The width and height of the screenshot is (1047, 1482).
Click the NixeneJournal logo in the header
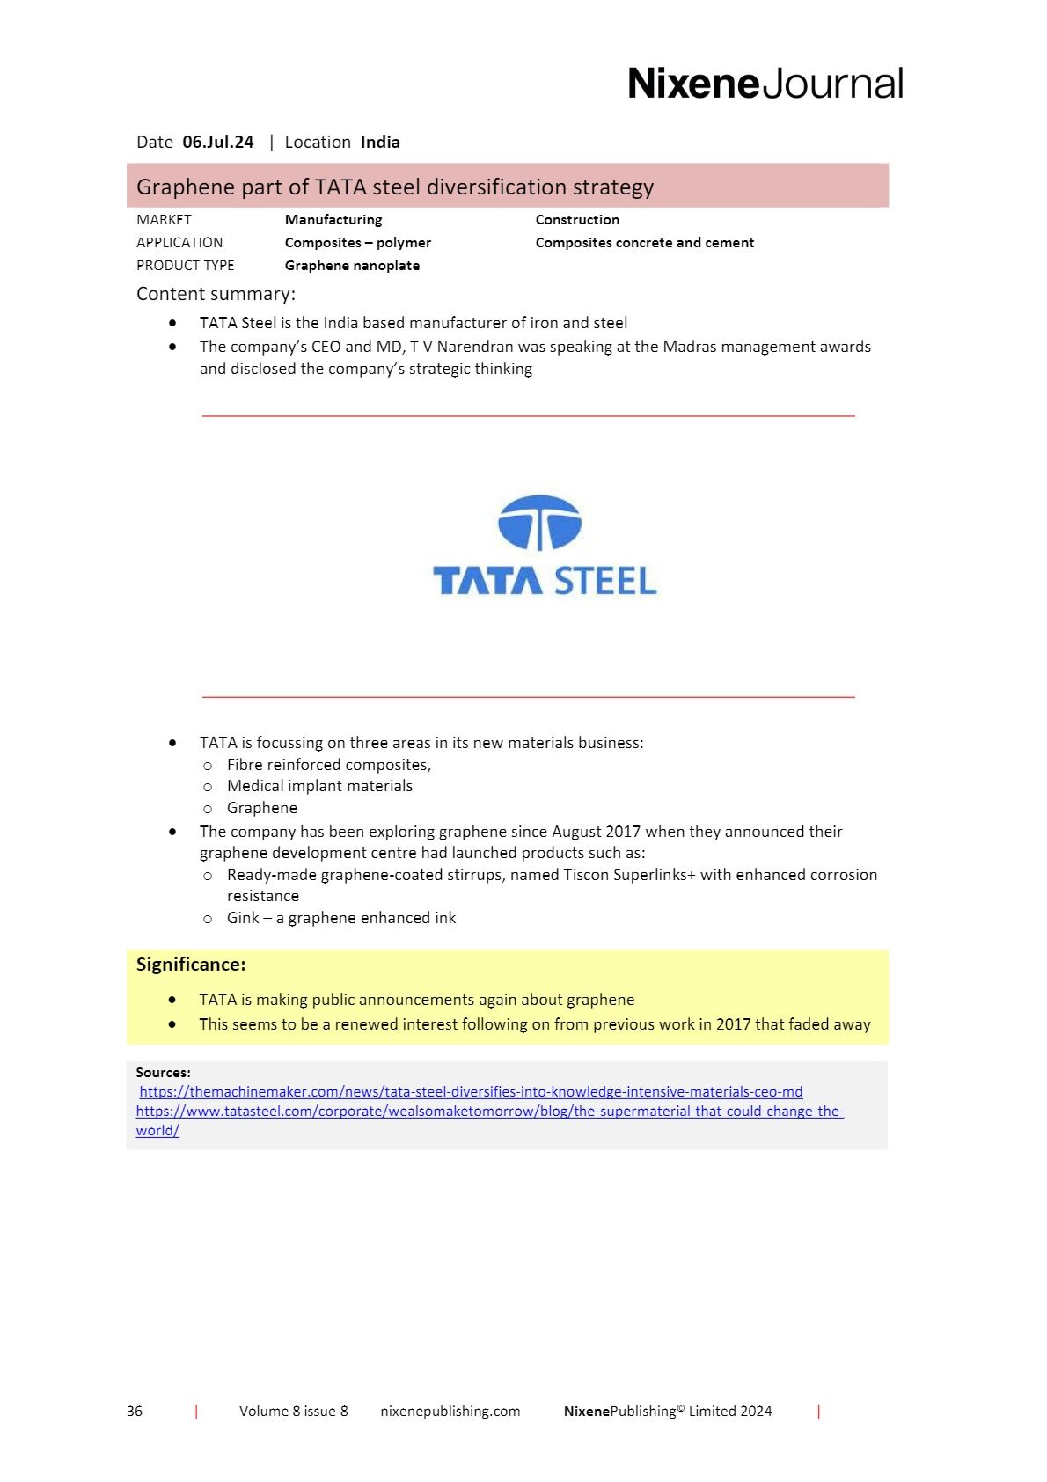click(x=765, y=84)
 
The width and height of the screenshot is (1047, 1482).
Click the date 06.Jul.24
click(x=217, y=142)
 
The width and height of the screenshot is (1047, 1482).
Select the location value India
click(x=380, y=142)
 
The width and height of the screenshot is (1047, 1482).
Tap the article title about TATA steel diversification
click(x=395, y=187)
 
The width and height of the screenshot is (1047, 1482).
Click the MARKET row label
click(x=164, y=220)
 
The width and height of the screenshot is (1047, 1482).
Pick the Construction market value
click(x=577, y=220)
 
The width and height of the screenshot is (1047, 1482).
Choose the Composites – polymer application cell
click(x=357, y=243)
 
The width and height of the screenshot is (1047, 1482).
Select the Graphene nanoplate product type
click(x=352, y=266)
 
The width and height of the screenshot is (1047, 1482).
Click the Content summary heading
click(x=216, y=294)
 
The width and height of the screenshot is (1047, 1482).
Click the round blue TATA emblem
click(x=539, y=523)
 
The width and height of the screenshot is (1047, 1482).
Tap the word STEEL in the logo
click(x=605, y=581)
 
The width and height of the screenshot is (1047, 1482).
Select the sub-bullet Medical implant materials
click(x=319, y=786)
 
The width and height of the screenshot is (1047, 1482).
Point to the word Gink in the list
click(x=243, y=918)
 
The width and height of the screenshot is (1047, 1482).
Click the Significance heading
click(x=191, y=965)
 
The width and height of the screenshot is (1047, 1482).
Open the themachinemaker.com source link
click(x=471, y=1092)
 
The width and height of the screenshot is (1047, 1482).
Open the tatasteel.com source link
click(x=489, y=1111)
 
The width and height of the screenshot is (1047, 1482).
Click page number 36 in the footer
click(x=135, y=1412)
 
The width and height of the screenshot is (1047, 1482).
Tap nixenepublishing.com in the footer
click(x=450, y=1412)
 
